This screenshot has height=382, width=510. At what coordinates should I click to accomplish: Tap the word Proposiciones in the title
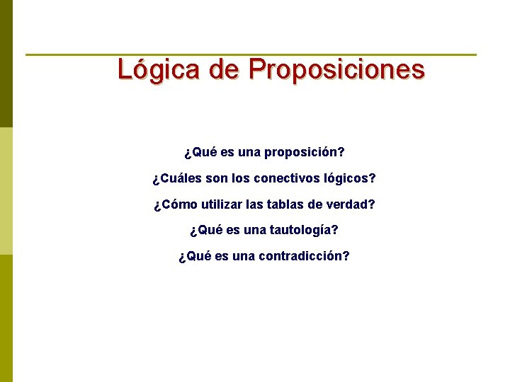(336, 70)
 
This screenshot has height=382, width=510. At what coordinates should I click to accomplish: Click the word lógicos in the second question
(347, 178)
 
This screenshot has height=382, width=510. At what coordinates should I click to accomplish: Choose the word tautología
(305, 230)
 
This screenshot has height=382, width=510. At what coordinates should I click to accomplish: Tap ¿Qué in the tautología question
(206, 230)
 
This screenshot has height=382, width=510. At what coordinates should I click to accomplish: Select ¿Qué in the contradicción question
(195, 256)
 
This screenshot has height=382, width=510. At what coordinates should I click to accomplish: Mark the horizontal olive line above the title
(251, 54)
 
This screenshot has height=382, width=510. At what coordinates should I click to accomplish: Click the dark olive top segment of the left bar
(6, 64)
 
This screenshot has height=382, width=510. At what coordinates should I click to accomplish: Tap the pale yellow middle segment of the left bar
(6, 191)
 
